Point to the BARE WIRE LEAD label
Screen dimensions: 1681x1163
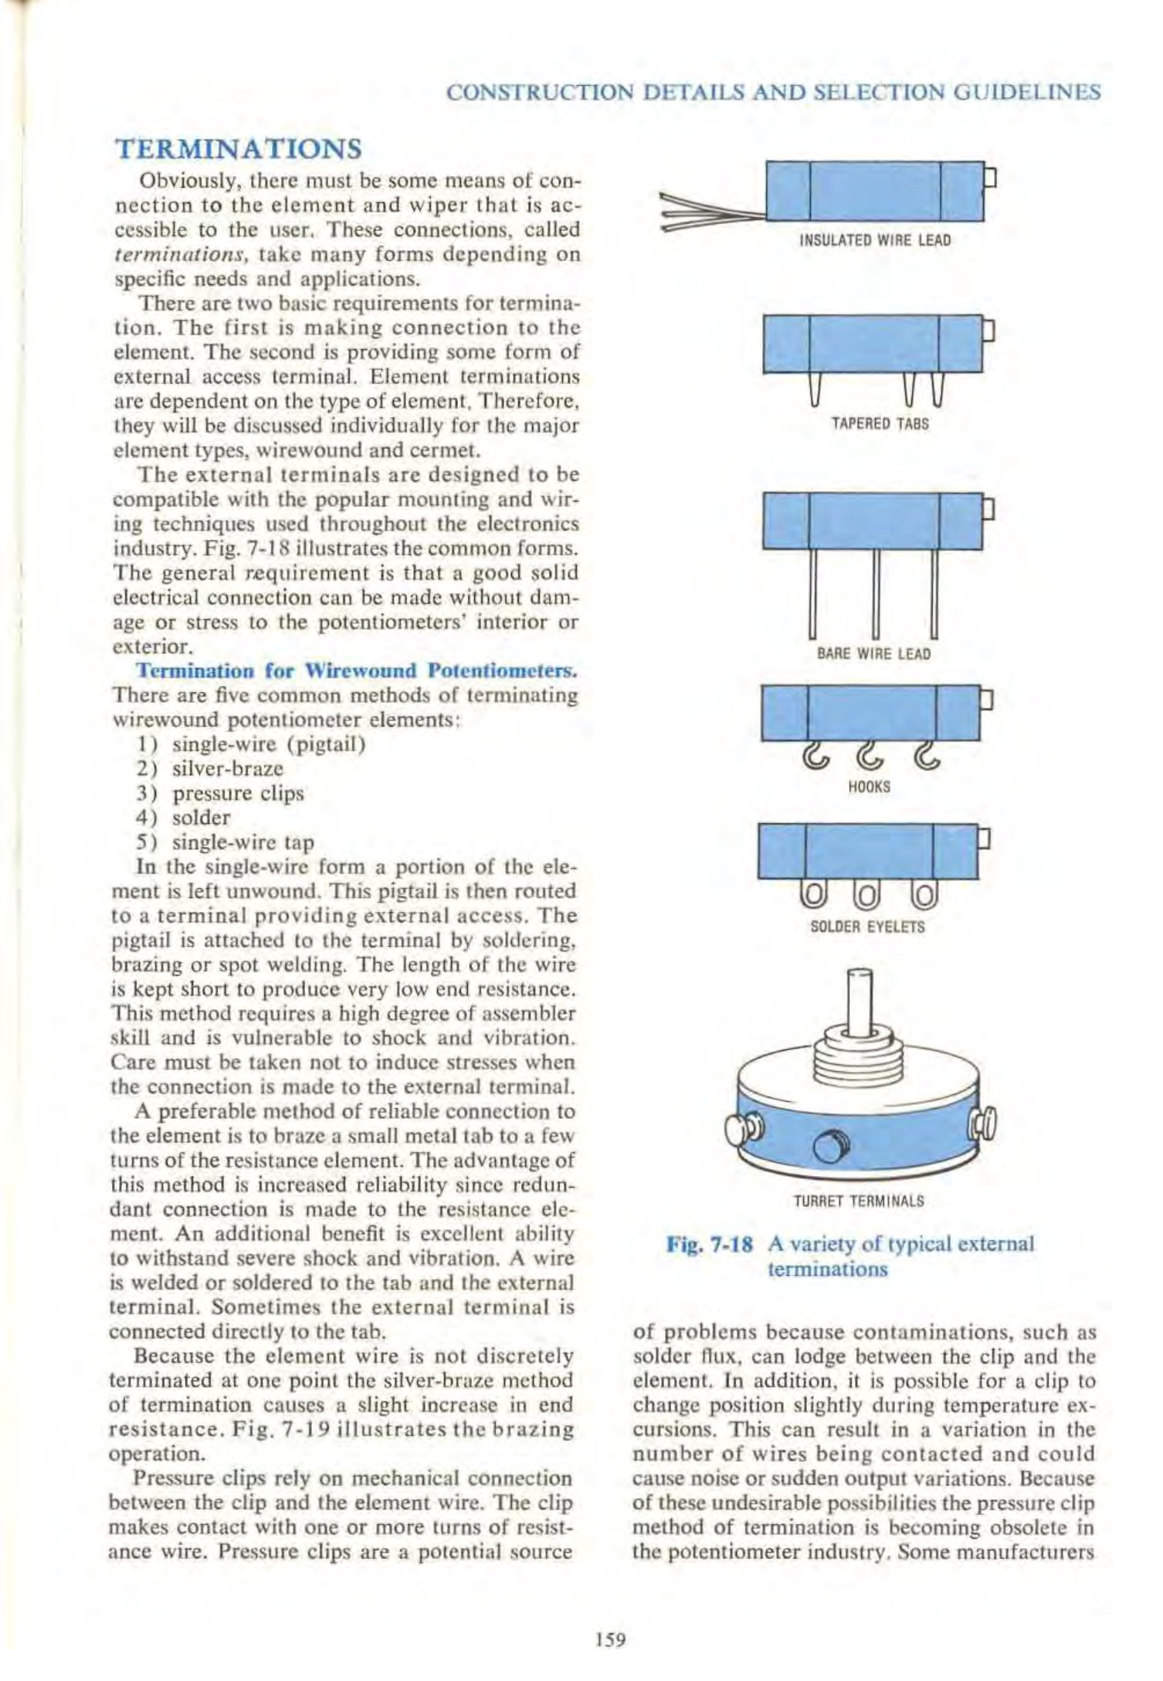point(873,655)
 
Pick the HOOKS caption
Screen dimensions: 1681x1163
point(870,787)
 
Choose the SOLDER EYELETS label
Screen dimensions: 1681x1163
point(867,927)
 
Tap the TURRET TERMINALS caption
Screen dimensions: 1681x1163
point(858,1201)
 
